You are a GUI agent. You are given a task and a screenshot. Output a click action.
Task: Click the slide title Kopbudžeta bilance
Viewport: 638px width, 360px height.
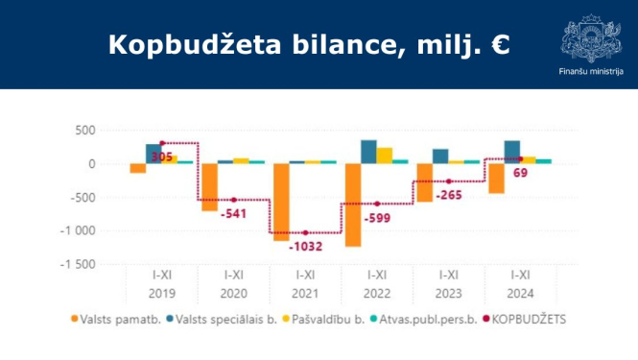click(x=308, y=45)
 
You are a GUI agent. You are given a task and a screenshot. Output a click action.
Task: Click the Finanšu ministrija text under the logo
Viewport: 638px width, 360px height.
click(x=590, y=72)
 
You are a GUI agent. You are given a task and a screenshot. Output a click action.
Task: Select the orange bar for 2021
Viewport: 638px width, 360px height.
click(x=281, y=202)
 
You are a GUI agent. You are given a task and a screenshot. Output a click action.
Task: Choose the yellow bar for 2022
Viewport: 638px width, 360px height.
click(x=385, y=156)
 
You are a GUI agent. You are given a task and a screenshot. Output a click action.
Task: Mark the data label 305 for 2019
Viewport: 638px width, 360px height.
click(x=164, y=156)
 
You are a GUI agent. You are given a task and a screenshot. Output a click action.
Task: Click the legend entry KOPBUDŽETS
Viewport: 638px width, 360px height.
click(x=528, y=320)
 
